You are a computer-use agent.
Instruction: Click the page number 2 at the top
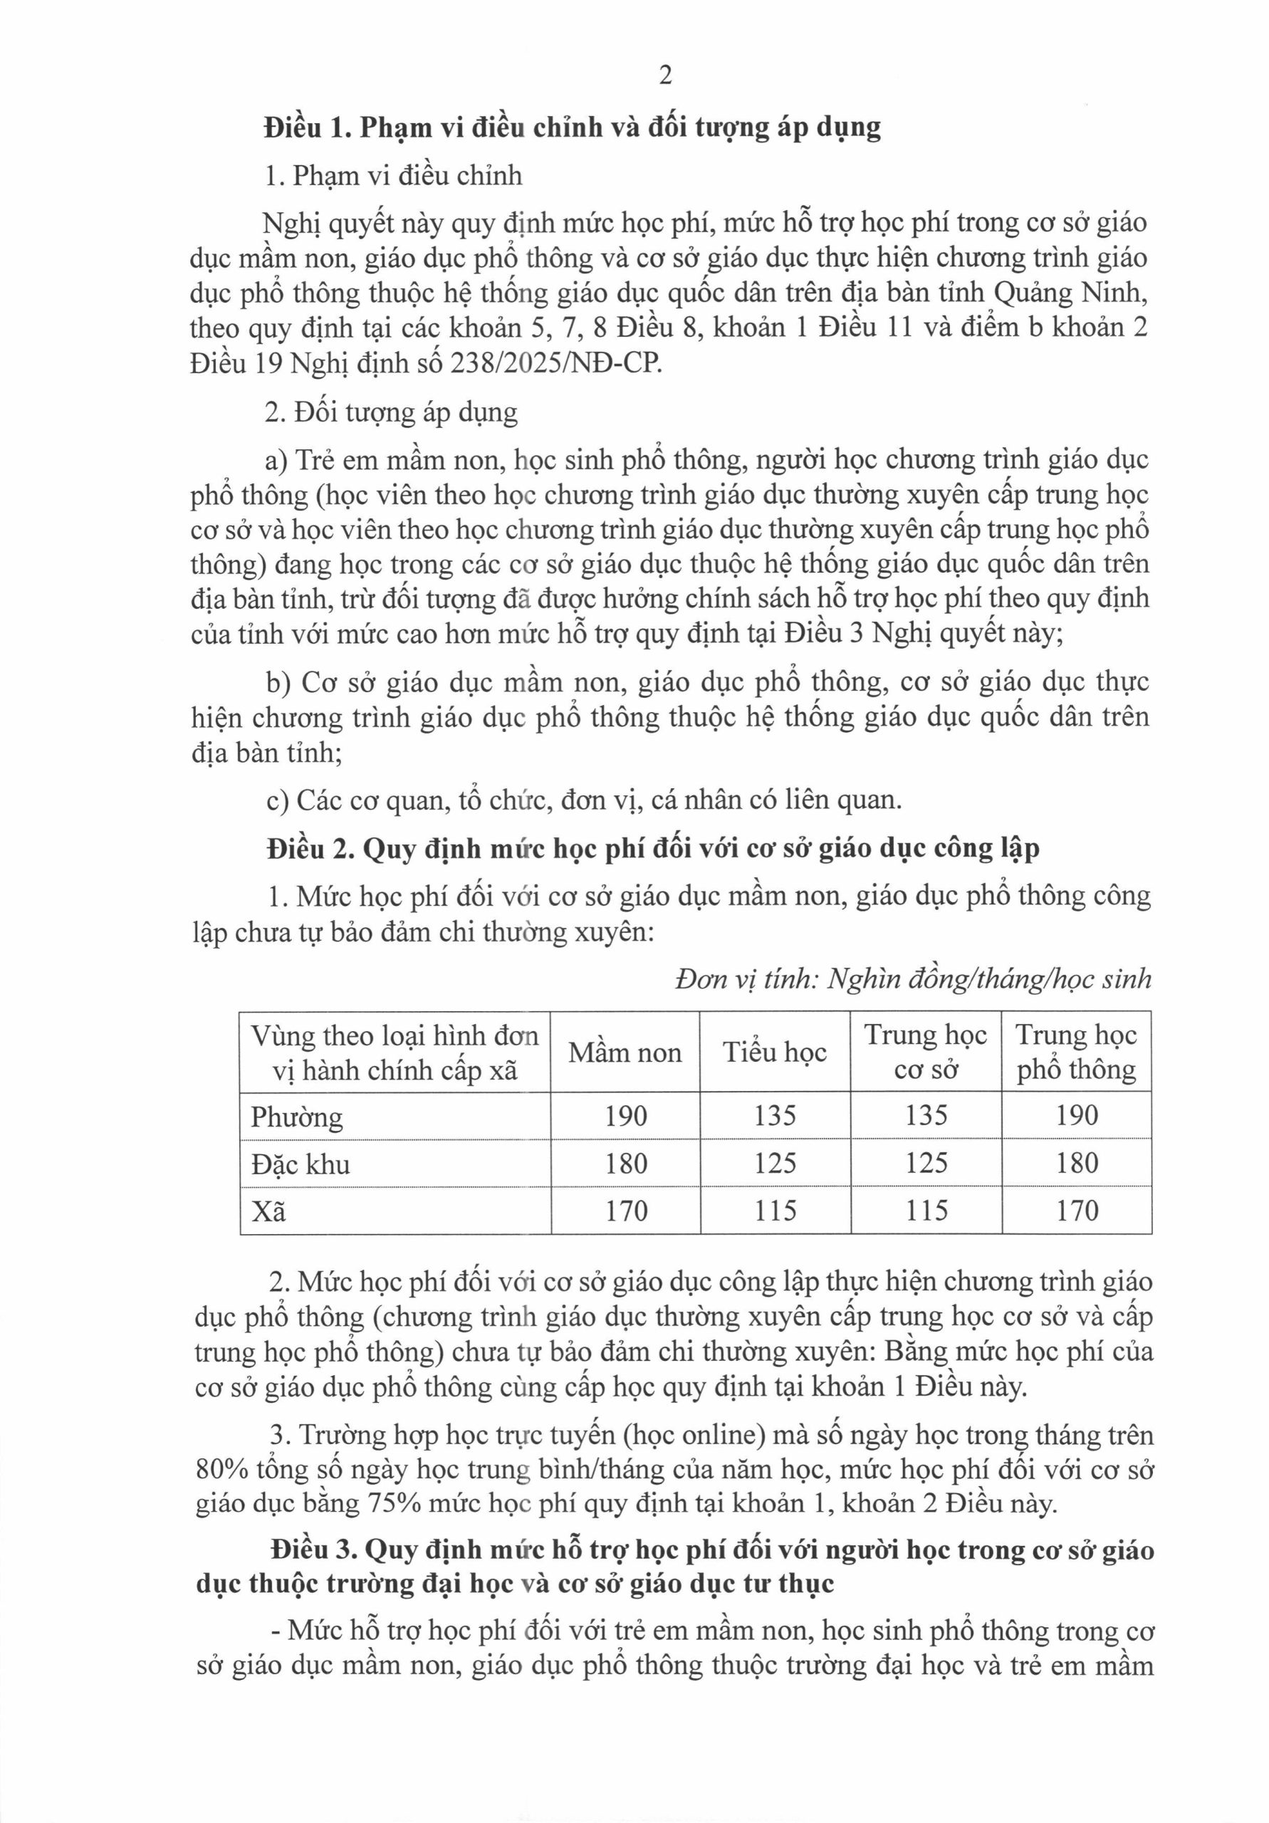click(x=665, y=75)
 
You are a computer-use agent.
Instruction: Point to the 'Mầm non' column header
click(x=625, y=1052)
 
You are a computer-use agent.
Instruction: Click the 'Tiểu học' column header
click(x=774, y=1052)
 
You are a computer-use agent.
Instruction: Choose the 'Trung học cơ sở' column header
click(x=925, y=1052)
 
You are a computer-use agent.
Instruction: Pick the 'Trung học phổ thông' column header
click(x=1076, y=1052)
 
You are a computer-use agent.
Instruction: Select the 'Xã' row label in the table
click(x=268, y=1211)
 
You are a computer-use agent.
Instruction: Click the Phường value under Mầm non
click(x=626, y=1117)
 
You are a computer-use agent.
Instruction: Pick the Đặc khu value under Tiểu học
click(x=775, y=1163)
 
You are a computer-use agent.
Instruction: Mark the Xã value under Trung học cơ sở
click(x=926, y=1211)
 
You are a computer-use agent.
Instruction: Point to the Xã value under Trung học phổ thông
click(x=1077, y=1211)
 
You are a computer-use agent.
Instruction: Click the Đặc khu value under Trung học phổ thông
click(x=1077, y=1163)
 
